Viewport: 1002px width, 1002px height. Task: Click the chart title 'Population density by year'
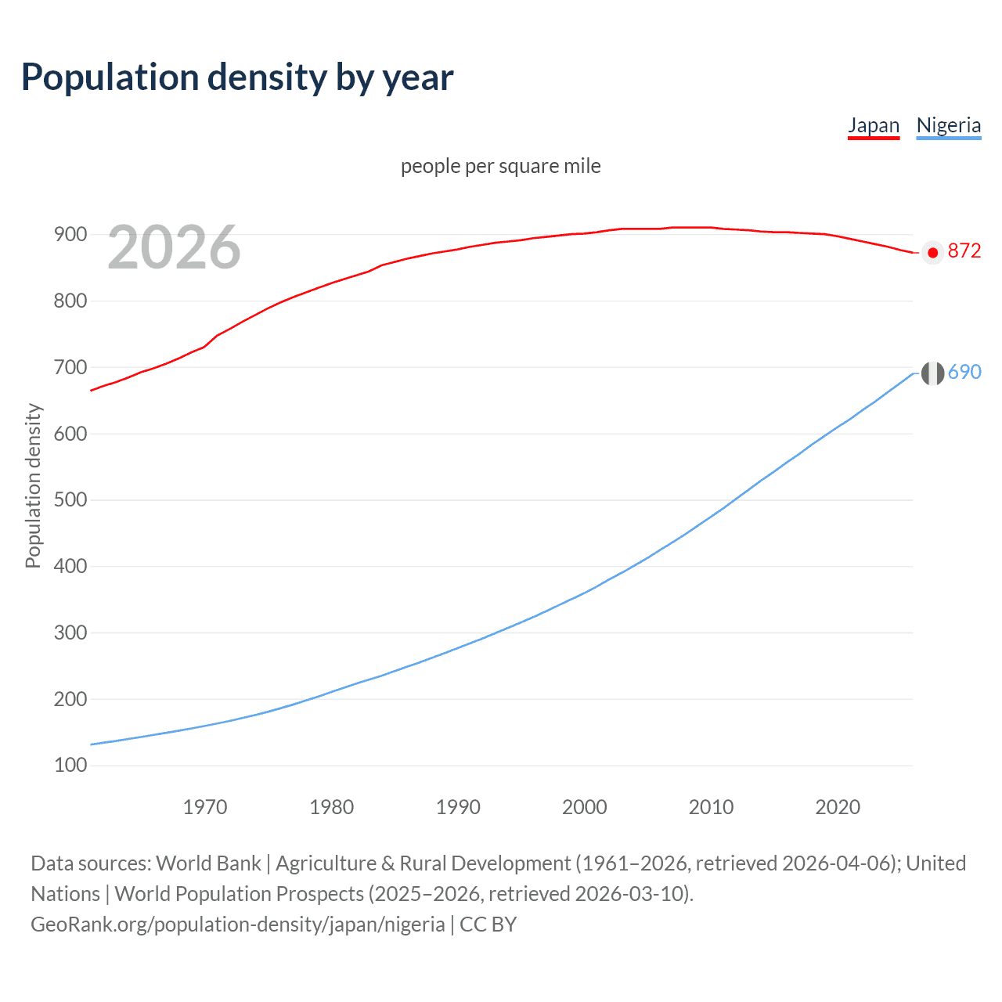click(237, 77)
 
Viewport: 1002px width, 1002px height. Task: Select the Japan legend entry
click(874, 125)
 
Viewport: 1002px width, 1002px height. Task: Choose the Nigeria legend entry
click(948, 125)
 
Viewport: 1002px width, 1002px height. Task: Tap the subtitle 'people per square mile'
click(500, 166)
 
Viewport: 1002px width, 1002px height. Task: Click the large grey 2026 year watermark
click(174, 247)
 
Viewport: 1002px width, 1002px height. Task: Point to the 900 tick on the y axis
click(70, 234)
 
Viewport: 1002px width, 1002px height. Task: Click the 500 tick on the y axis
click(70, 499)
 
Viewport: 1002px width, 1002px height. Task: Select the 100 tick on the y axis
click(70, 765)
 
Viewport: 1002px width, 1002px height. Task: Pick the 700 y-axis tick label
click(70, 367)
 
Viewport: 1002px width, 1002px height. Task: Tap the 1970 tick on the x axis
click(205, 807)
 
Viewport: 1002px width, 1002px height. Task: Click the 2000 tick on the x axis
click(584, 807)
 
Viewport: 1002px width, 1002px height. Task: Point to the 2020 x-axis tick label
click(838, 807)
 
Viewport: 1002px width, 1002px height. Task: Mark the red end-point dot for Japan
click(932, 253)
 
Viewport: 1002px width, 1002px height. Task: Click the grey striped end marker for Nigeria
click(932, 373)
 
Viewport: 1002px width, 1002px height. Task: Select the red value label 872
click(964, 250)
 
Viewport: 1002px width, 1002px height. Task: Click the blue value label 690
click(964, 372)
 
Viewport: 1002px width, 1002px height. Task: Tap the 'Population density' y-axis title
click(33, 485)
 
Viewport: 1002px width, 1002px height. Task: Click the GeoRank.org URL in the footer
click(238, 925)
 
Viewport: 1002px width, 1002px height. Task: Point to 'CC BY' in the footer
click(488, 925)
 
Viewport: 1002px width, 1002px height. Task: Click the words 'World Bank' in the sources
click(208, 863)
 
